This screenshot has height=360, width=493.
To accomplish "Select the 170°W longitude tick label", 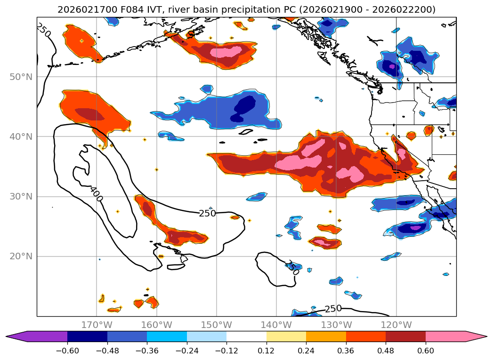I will [x=97, y=325].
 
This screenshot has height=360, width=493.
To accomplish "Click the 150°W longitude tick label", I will [x=217, y=325].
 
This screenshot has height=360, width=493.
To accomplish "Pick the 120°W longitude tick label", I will [x=396, y=325].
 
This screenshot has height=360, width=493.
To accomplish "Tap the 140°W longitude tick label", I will [x=276, y=325].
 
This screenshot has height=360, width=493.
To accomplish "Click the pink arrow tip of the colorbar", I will [x=480, y=336].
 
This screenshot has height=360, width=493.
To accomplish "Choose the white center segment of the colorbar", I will [x=246, y=336].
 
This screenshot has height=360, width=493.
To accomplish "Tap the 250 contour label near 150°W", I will [x=207, y=213].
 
